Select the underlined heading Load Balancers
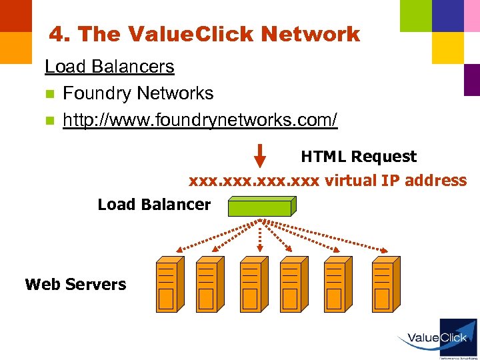coord(109,67)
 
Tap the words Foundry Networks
coord(138,93)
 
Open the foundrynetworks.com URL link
coord(200,120)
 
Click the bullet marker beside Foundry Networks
coord(49,94)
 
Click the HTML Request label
coord(359,157)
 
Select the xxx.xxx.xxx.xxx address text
coord(255,181)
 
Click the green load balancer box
coord(261,207)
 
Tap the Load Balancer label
coord(154,205)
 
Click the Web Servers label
coord(75,285)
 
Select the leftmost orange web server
coord(169,284)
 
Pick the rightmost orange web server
coord(385,284)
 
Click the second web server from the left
coord(209,284)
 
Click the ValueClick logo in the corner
coord(437,339)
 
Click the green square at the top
coord(415,15)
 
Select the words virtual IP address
coord(396,181)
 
